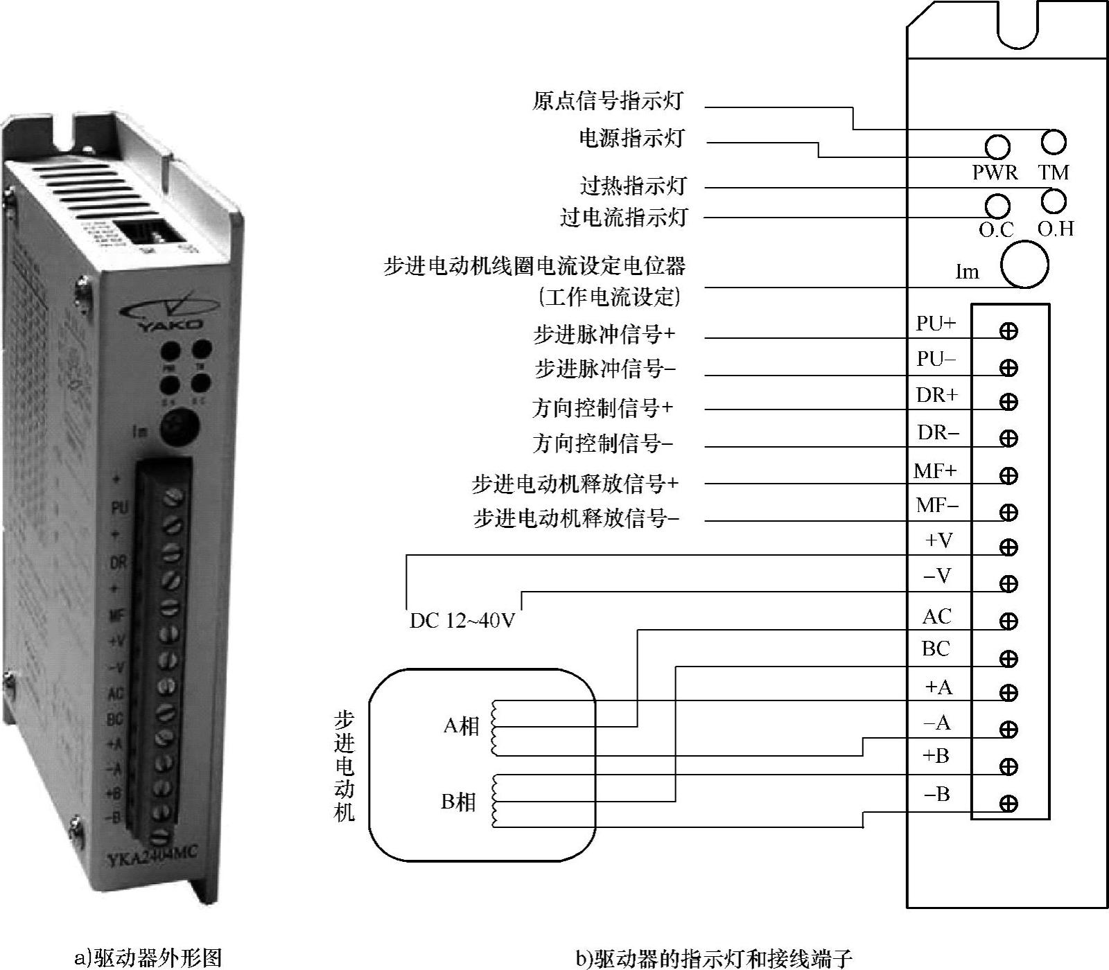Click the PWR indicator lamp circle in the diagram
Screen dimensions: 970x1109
[x=997, y=147]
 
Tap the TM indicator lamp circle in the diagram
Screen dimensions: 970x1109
[x=1054, y=142]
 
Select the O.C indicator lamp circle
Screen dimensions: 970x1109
[x=997, y=205]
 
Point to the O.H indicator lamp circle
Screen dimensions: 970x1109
[x=1054, y=201]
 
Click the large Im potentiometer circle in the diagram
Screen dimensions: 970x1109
[x=1024, y=264]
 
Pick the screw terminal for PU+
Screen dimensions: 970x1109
[x=1008, y=330]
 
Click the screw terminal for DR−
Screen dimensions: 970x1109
[x=1008, y=438]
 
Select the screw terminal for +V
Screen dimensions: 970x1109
[x=1008, y=547]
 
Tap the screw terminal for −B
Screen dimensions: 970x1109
[x=1008, y=803]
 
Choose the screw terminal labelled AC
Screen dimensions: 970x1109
[x=1008, y=621]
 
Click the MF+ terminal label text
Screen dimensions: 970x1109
[x=935, y=471]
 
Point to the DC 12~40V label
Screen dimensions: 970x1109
[x=462, y=620]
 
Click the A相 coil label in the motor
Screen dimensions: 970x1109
[x=461, y=726]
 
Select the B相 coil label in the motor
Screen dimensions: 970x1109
[x=459, y=802]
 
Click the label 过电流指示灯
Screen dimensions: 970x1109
[x=623, y=218]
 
